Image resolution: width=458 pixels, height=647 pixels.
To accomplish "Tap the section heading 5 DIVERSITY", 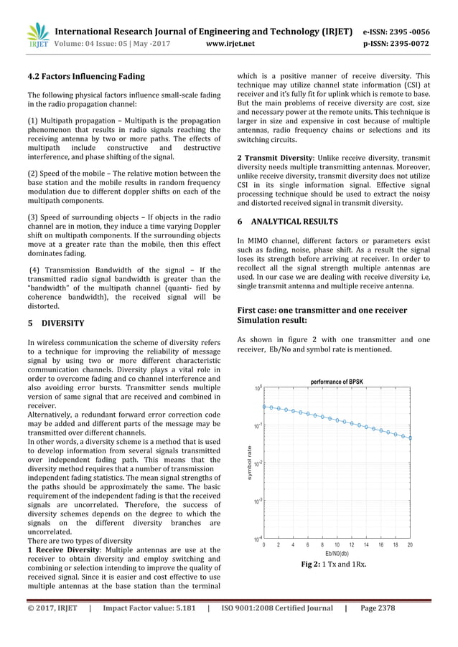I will click(56, 323).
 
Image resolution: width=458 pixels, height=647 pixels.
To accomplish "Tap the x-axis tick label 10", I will click(337, 545).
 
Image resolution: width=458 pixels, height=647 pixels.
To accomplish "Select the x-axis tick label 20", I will click(410, 545).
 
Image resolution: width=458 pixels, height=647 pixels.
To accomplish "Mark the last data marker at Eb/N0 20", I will click(410, 437).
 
